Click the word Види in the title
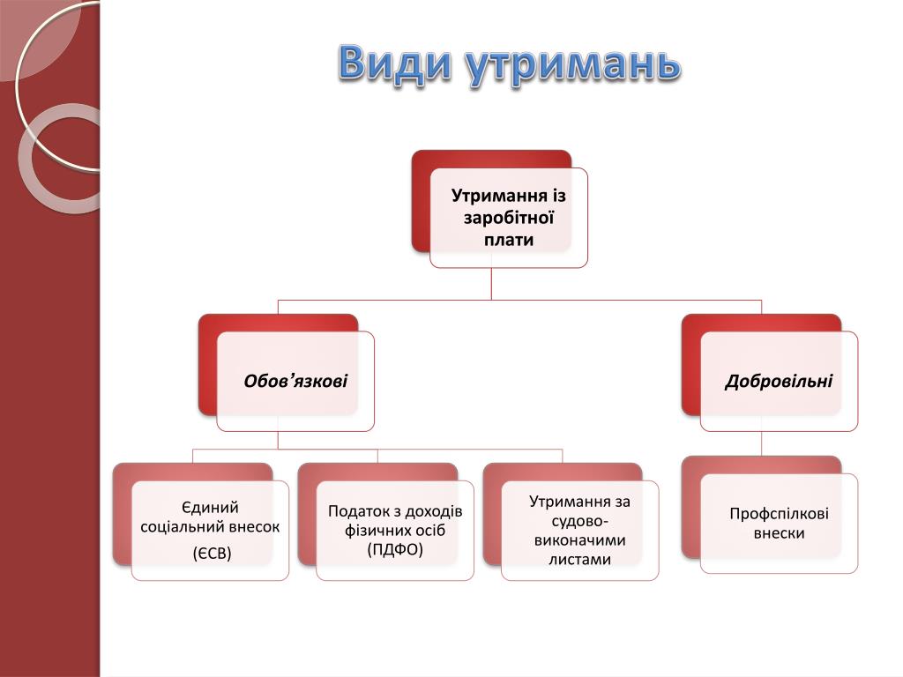pos(395,63)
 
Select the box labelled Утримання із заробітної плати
pos(508,217)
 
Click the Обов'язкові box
pos(295,381)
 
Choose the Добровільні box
pos(779,381)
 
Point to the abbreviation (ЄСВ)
pos(211,554)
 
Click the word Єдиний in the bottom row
pos(210,507)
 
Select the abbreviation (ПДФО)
pos(395,549)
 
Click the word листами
pos(579,559)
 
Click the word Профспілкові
pos(779,514)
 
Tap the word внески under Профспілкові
pos(779,533)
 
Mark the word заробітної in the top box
pos(508,217)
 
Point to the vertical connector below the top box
pos(491,283)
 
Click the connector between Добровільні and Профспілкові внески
pos(761,443)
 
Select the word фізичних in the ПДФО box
pos(371,530)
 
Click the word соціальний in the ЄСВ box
pos(181,526)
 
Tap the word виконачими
pos(579,539)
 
